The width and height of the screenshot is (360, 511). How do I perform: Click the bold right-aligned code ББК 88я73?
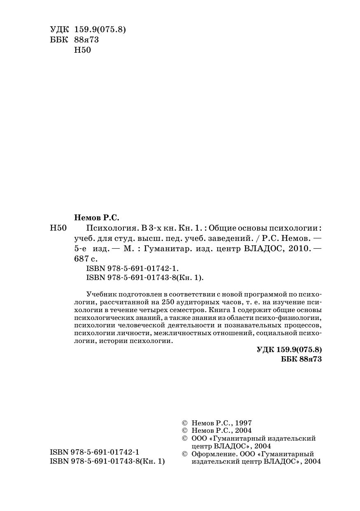coord(301,359)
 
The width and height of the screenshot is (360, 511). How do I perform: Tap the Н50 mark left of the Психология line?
coord(58,228)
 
